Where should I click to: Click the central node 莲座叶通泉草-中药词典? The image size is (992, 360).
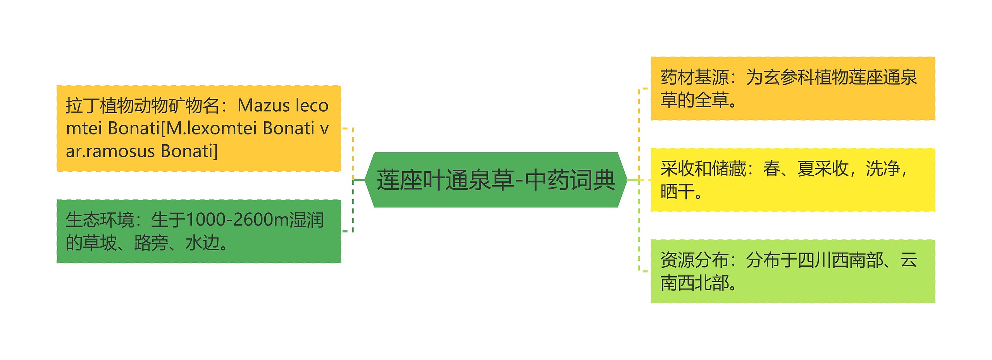(x=496, y=180)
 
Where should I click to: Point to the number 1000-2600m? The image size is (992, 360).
(x=237, y=220)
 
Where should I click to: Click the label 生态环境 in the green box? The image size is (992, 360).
(x=100, y=220)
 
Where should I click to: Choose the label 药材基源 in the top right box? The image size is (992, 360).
(x=694, y=78)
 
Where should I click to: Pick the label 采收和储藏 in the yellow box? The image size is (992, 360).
(x=703, y=169)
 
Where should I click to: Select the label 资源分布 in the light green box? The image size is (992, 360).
(x=694, y=260)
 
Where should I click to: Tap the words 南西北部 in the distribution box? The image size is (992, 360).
(x=694, y=283)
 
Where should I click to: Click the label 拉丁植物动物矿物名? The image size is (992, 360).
(x=142, y=105)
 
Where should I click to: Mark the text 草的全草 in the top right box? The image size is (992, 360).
(x=694, y=100)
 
